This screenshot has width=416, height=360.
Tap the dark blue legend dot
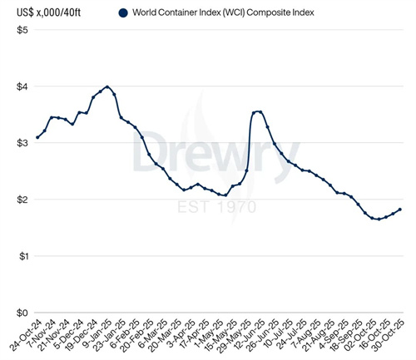pos(124,12)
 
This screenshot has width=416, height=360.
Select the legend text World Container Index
pos(220,12)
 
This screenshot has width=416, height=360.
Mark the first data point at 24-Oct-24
pos(37,137)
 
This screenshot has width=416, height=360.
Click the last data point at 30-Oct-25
pos(400,210)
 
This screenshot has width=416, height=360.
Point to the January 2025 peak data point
pos(108,86)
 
